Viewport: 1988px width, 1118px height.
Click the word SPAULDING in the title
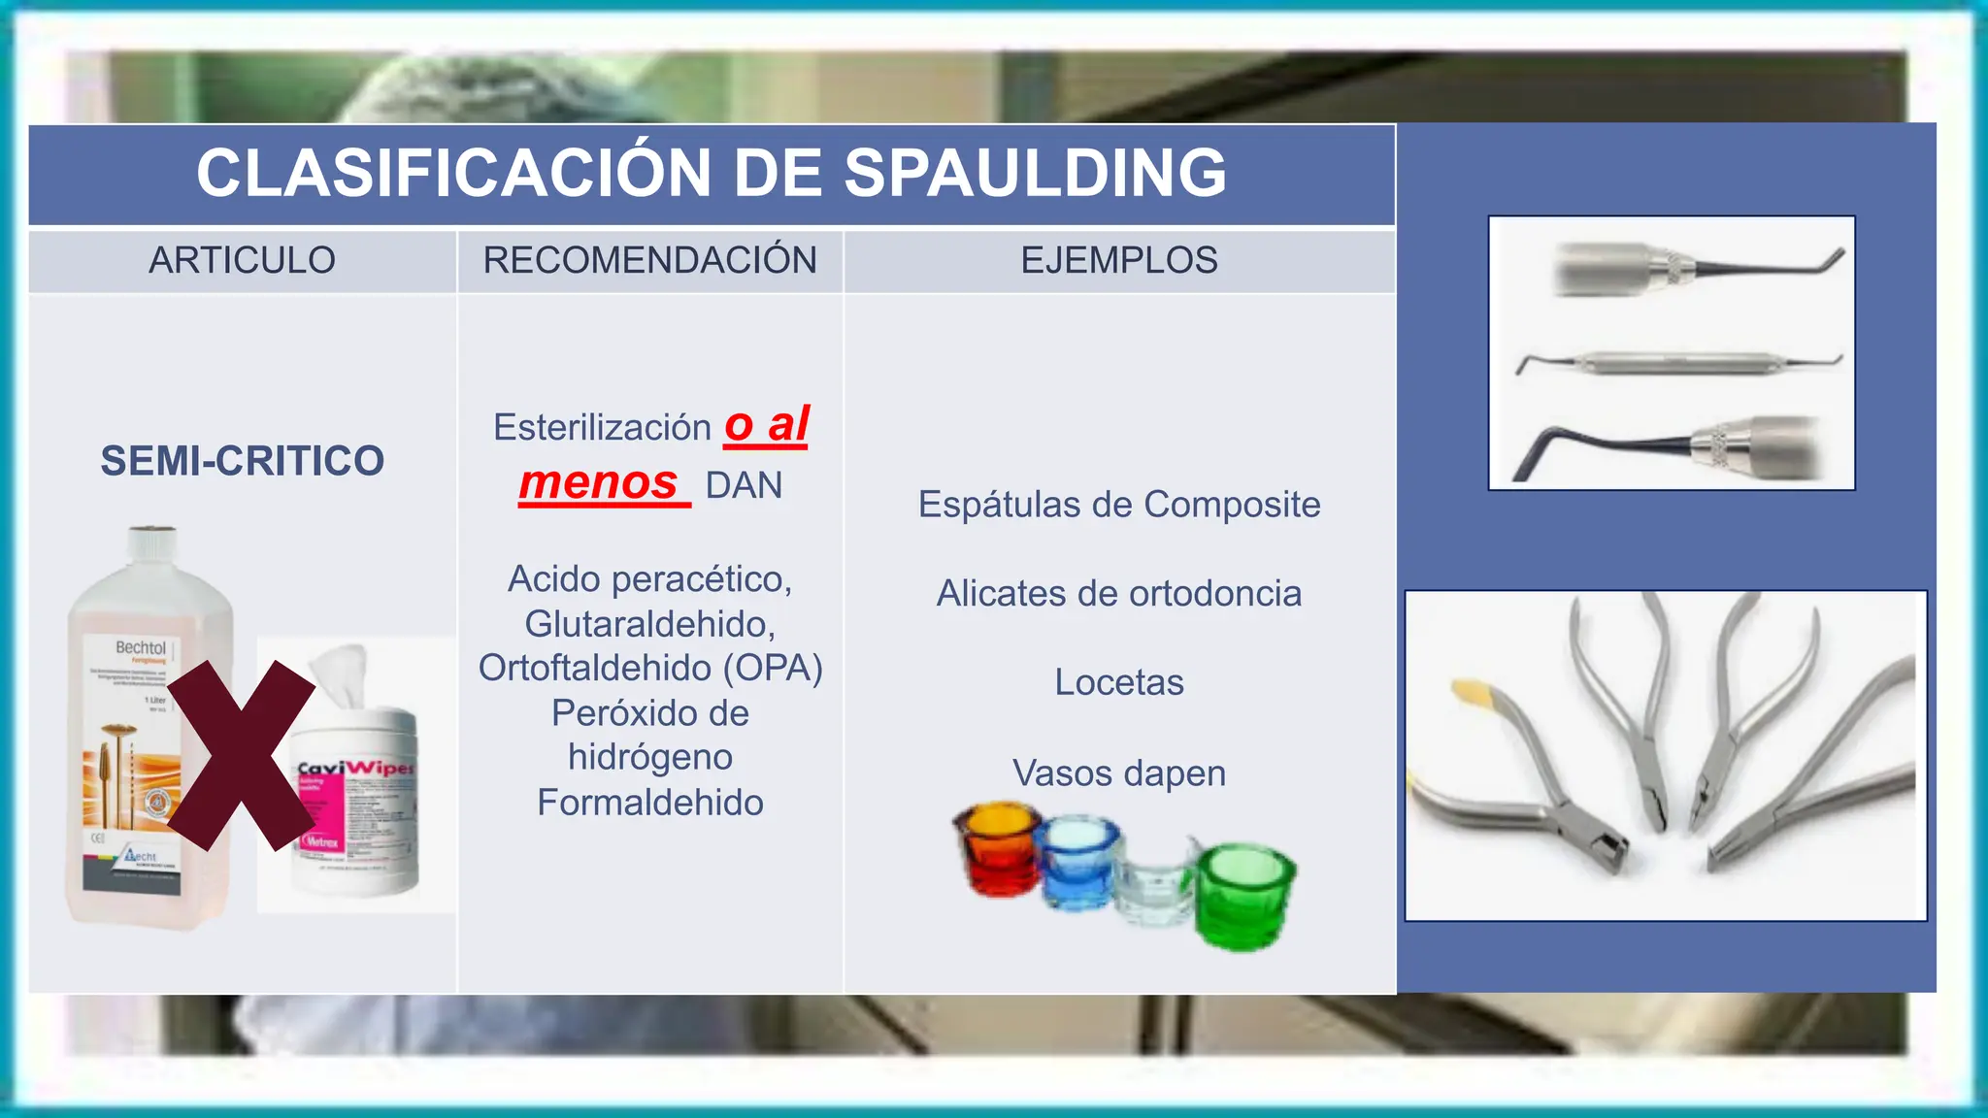[1035, 173]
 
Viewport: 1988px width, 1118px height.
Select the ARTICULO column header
[242, 260]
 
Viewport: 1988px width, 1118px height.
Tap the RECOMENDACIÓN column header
[649, 260]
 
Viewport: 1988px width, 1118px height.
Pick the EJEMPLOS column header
[1118, 260]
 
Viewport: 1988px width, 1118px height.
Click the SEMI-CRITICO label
[242, 460]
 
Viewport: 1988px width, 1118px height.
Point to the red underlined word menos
[599, 482]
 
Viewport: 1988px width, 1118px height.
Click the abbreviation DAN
[744, 485]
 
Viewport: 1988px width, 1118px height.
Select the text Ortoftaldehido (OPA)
[650, 668]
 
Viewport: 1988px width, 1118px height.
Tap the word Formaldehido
[650, 803]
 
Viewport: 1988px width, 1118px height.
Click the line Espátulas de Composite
[1118, 505]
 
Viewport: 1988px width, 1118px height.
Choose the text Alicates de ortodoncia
[1118, 593]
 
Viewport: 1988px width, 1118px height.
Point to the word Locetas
[1118, 682]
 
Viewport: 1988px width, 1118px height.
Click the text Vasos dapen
[1118, 773]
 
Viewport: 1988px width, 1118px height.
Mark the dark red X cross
[241, 755]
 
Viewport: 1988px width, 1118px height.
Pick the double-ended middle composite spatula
[1679, 364]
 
